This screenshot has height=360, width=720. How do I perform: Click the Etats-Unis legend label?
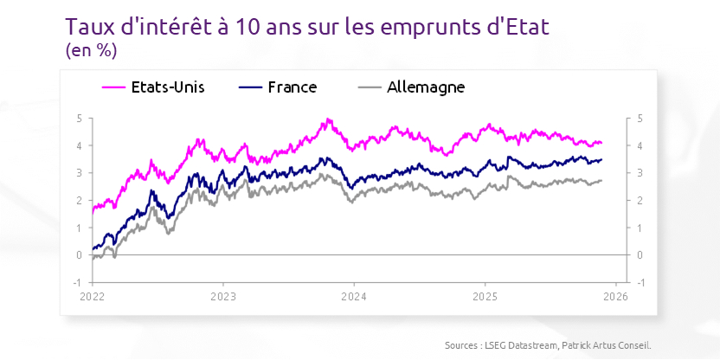[167, 87]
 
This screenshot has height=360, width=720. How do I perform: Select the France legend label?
[292, 87]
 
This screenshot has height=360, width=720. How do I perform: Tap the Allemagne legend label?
[426, 87]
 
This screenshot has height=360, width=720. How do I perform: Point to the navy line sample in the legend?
[249, 87]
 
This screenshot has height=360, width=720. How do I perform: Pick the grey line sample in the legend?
[370, 87]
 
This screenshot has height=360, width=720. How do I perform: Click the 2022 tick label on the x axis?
[92, 295]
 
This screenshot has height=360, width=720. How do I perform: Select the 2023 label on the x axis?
[222, 295]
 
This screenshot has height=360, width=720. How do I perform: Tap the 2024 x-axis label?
[353, 295]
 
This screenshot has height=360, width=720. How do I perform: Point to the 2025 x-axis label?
[485, 295]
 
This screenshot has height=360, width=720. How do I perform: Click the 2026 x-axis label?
[614, 295]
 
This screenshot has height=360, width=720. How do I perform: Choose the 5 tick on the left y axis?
[79, 118]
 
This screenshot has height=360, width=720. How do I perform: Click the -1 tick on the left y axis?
[77, 283]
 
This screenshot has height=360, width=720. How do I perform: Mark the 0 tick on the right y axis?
[640, 255]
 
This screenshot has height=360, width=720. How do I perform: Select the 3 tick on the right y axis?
[640, 173]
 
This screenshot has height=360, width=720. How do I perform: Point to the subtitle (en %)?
[91, 50]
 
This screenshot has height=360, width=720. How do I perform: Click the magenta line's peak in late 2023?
[328, 119]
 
